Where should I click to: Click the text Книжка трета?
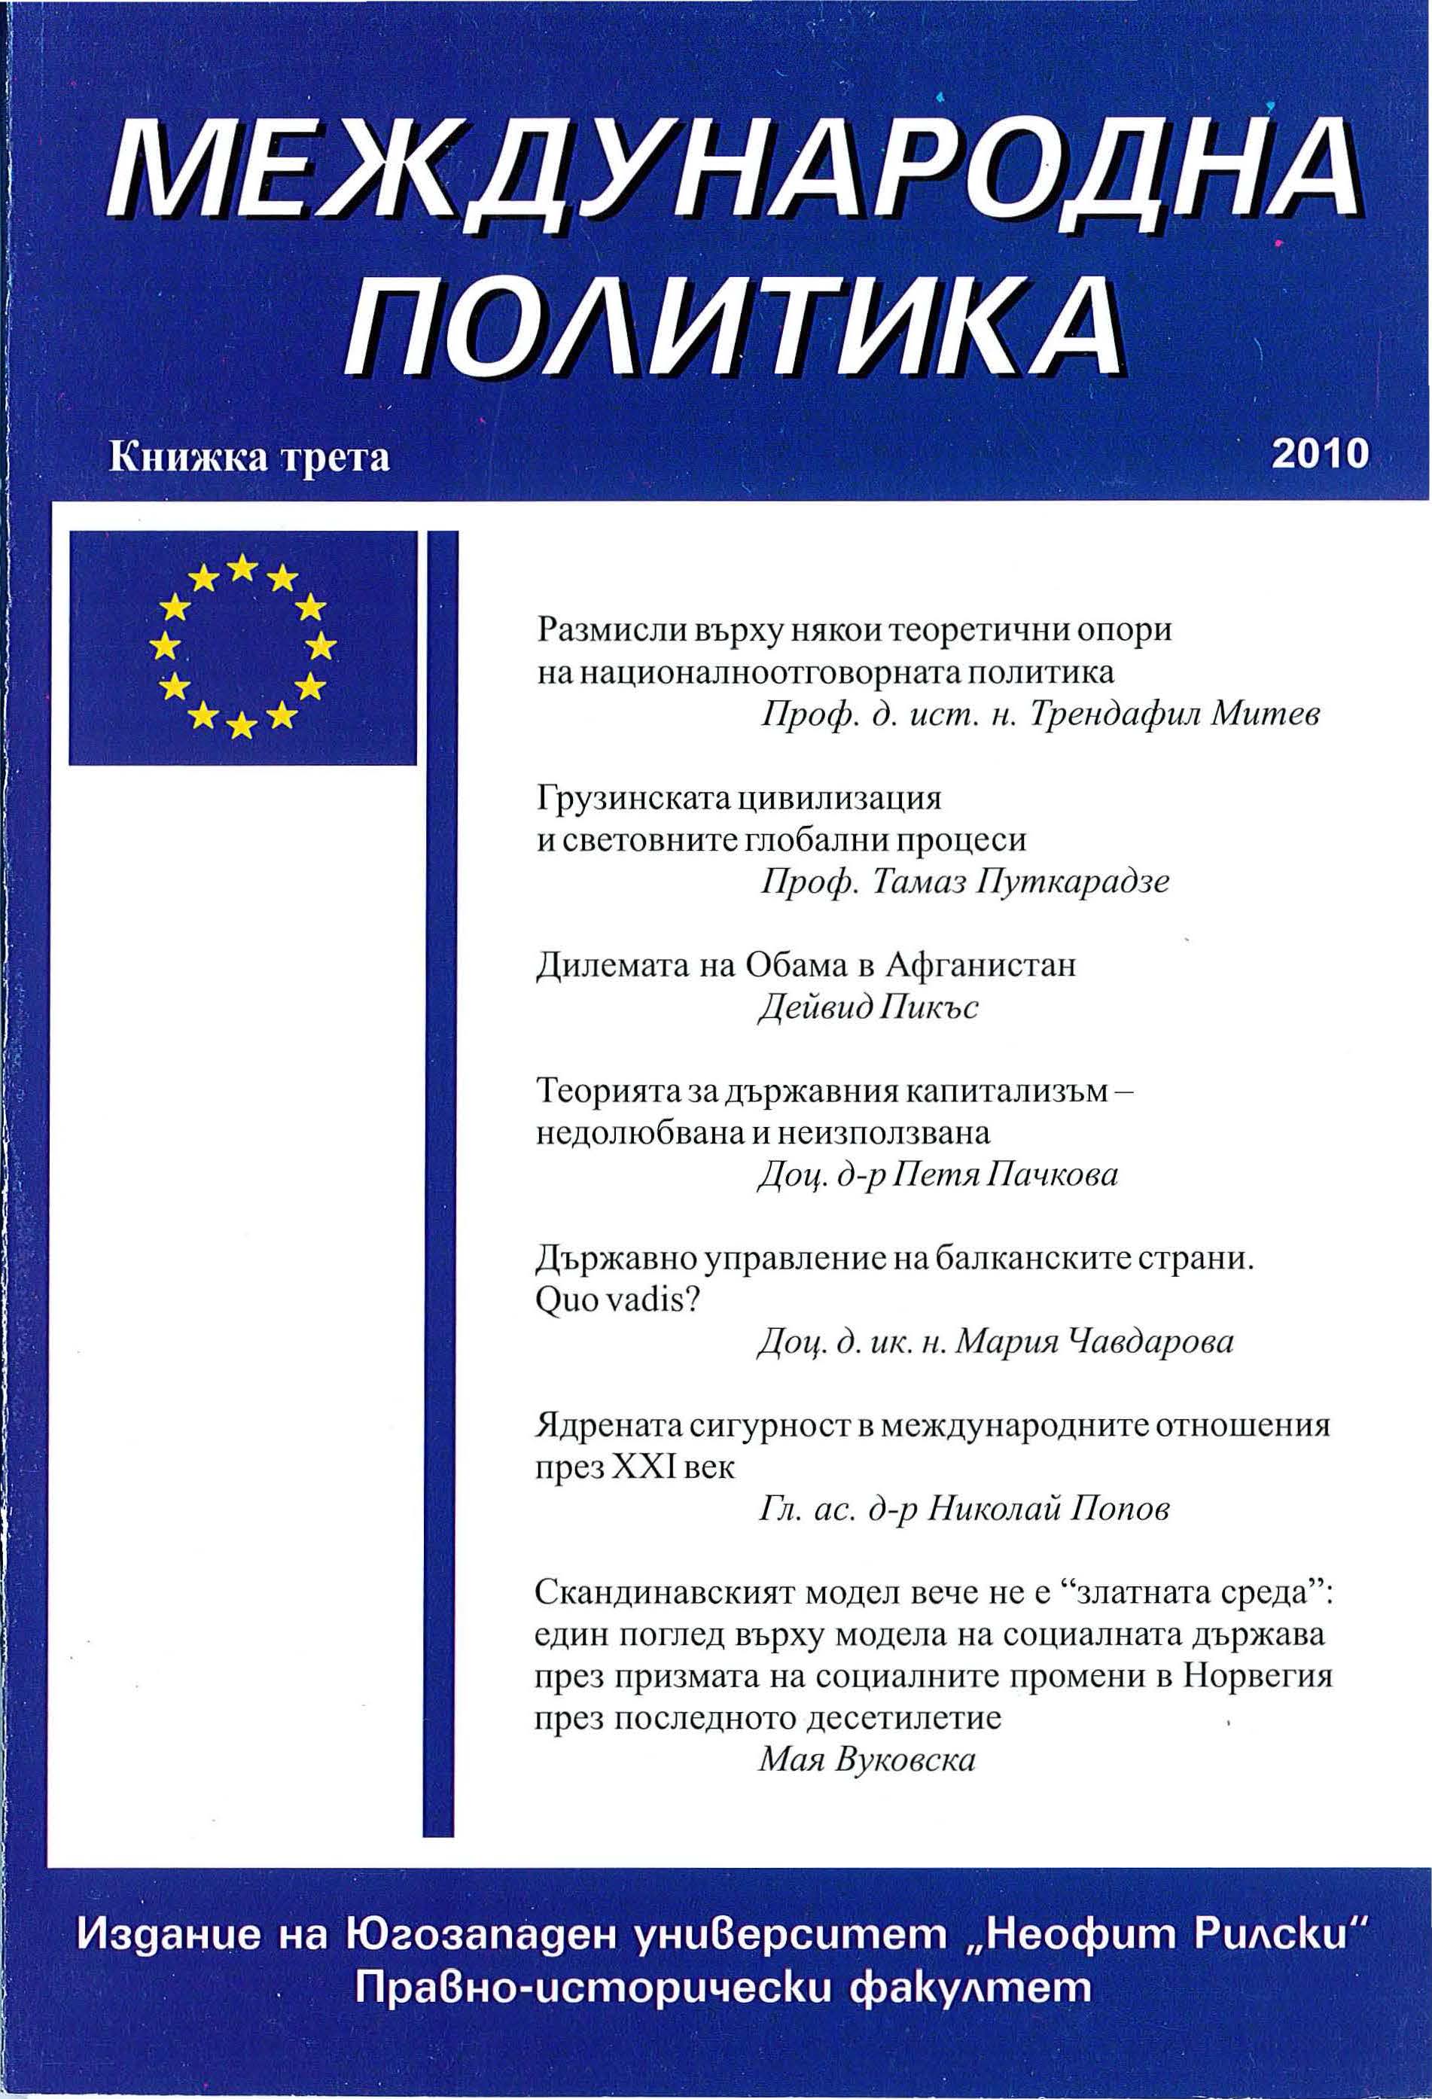[x=249, y=458]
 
